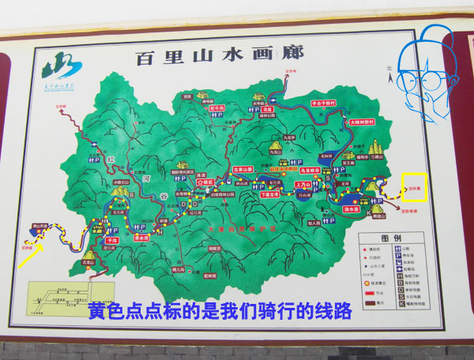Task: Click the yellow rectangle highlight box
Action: point(415,189)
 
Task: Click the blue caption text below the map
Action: point(219,310)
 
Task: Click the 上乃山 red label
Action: point(303,185)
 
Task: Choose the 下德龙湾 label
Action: point(271,193)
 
